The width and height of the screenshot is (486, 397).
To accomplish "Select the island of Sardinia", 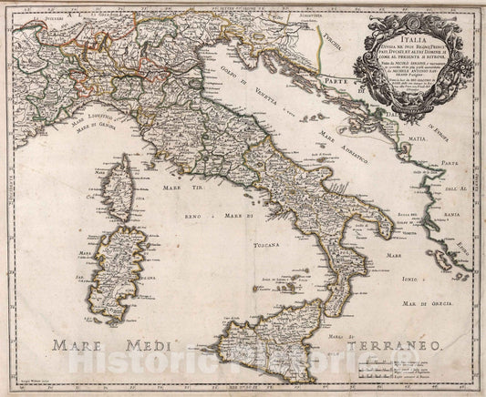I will point(128,254).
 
